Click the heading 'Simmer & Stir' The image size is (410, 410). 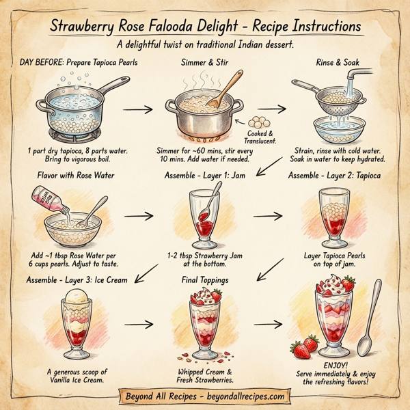204,62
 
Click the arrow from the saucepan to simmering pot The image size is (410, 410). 136,107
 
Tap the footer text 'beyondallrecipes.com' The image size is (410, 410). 238,396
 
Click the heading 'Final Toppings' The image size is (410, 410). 204,280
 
